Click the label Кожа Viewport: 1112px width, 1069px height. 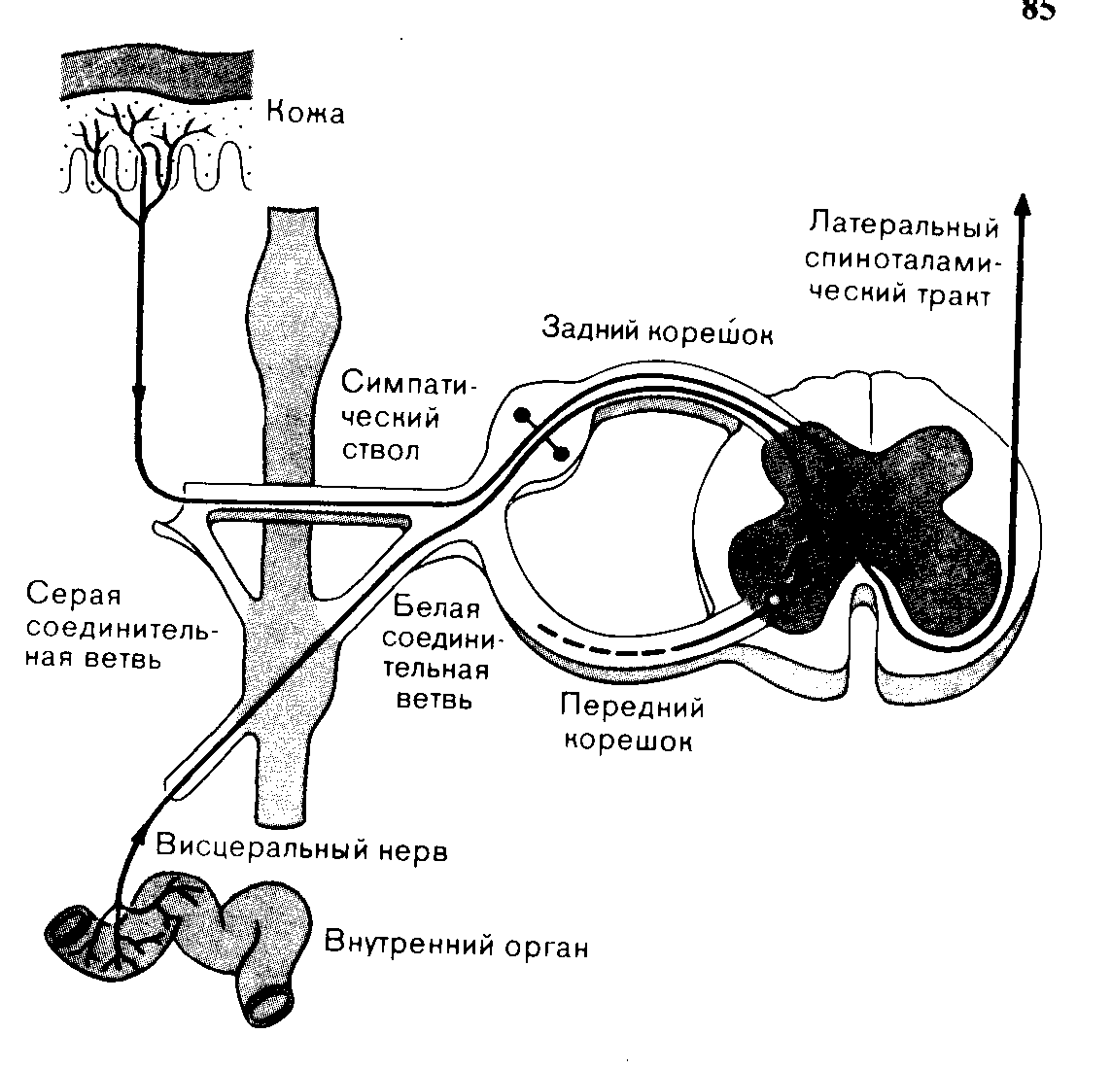[305, 114]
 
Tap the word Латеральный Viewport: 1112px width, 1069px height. [904, 226]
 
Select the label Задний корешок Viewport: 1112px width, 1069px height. [657, 331]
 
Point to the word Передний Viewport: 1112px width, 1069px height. [632, 708]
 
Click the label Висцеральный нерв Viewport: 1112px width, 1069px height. [302, 847]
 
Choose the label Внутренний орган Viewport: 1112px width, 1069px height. [456, 945]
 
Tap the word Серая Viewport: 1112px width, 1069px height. [74, 596]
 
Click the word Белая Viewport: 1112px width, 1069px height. [436, 607]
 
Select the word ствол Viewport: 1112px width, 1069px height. [380, 451]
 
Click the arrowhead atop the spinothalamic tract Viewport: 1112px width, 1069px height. [1022, 205]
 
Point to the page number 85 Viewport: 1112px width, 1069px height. [1039, 11]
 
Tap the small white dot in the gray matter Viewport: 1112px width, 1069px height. [775, 600]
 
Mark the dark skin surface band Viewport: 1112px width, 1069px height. [156, 75]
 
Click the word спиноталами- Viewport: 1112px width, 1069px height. [902, 259]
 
